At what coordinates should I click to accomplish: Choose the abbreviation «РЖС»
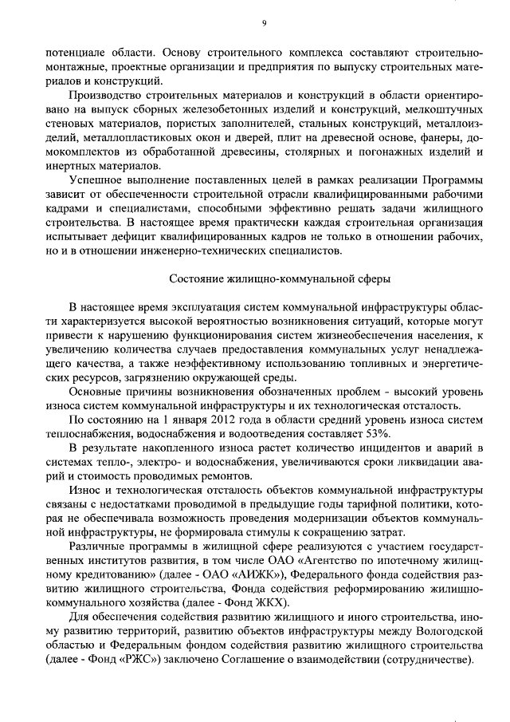point(151,661)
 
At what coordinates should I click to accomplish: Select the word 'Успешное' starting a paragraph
point(93,181)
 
